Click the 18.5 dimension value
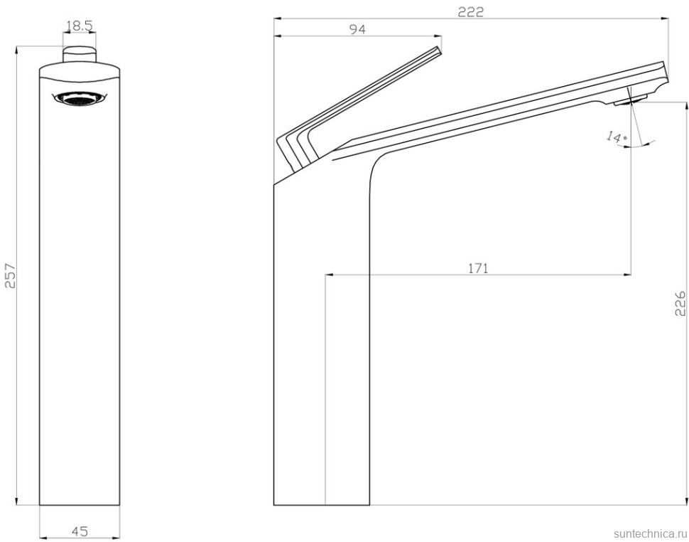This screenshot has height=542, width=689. (79, 27)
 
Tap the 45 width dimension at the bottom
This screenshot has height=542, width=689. (80, 531)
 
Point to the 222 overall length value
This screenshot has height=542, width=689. (470, 11)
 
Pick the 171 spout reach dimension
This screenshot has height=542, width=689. (477, 268)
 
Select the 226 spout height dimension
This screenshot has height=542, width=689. (680, 304)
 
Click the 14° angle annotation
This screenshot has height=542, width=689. (615, 136)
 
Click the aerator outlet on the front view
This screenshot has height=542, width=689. (79, 100)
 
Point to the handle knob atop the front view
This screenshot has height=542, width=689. (79, 55)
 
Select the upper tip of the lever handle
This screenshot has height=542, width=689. (438, 50)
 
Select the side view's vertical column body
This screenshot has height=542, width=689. (321, 341)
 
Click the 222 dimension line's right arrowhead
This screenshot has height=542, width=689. (666, 19)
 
